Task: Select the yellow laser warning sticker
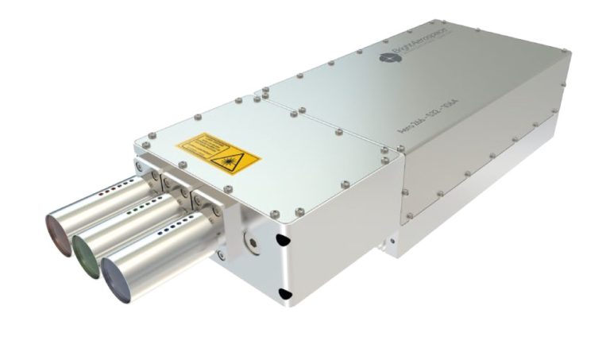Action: [218, 153]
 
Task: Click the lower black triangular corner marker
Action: [284, 295]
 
